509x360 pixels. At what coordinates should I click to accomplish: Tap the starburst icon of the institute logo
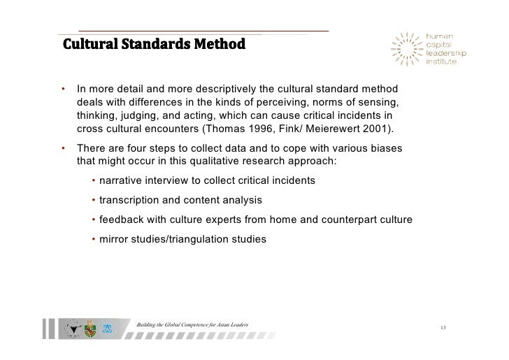pyautogui.click(x=408, y=50)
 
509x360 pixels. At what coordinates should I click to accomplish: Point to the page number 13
pyautogui.click(x=443, y=327)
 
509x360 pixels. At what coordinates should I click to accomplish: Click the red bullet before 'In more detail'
pyautogui.click(x=63, y=89)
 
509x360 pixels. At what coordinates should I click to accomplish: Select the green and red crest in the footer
pyautogui.click(x=89, y=327)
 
